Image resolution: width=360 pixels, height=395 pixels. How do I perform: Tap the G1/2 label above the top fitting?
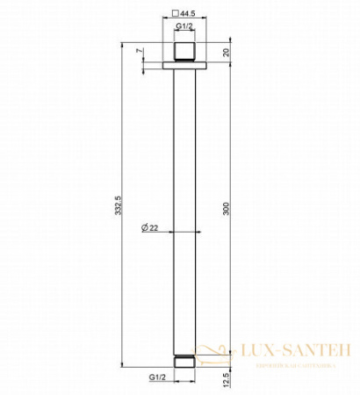pyautogui.click(x=184, y=29)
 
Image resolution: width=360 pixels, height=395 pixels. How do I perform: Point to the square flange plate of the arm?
pyautogui.click(x=184, y=63)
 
